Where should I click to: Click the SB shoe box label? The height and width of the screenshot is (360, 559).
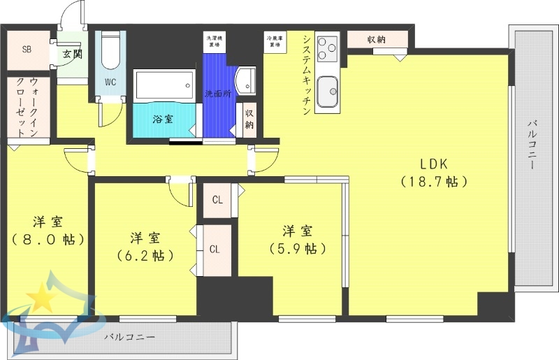click(27, 49)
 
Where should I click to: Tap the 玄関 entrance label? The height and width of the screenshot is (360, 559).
click(71, 54)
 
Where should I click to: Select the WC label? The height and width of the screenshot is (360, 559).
click(110, 81)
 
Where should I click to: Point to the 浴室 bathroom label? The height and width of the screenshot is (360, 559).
click(164, 119)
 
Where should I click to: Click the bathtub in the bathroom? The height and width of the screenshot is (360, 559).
click(164, 85)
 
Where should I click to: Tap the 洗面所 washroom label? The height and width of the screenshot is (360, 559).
click(218, 94)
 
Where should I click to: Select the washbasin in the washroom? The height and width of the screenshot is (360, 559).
click(248, 80)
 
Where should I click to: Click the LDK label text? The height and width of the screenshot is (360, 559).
click(433, 164)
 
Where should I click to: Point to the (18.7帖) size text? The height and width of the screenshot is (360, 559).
click(433, 182)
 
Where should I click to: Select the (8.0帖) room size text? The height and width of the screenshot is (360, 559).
click(48, 239)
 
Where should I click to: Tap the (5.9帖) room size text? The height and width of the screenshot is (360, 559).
click(297, 248)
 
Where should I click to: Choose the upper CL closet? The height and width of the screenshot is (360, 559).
click(217, 200)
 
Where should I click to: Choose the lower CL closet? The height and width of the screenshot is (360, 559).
click(215, 249)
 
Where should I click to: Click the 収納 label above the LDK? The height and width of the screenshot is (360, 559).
click(376, 39)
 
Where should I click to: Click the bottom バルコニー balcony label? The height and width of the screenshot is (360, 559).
click(129, 337)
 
